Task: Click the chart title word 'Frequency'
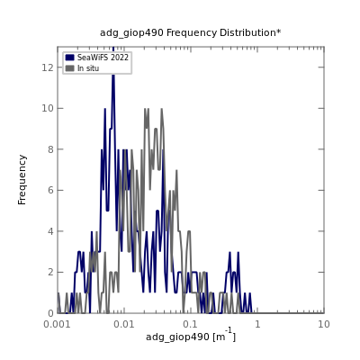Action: click(x=192, y=32)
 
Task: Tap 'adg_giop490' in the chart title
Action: click(x=131, y=33)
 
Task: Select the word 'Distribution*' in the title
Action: click(x=250, y=32)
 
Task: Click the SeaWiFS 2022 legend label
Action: click(x=103, y=58)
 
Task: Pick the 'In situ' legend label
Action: click(x=88, y=68)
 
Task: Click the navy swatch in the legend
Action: click(x=69, y=58)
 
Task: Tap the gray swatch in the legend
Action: click(x=69, y=68)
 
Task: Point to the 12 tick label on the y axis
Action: click(x=48, y=67)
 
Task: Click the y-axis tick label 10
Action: click(x=48, y=108)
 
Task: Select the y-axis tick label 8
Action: click(x=50, y=149)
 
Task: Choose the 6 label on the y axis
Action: click(x=50, y=190)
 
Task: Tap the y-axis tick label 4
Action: click(x=50, y=231)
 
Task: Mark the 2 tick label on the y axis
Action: click(x=50, y=272)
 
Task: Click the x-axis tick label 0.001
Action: click(x=58, y=324)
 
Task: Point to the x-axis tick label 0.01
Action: click(x=124, y=324)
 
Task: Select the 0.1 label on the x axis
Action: click(x=191, y=324)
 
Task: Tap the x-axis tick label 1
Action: click(x=257, y=324)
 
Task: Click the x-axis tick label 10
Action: click(x=324, y=324)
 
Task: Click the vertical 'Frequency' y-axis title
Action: click(x=22, y=180)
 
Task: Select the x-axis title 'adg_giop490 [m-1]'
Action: click(x=191, y=336)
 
